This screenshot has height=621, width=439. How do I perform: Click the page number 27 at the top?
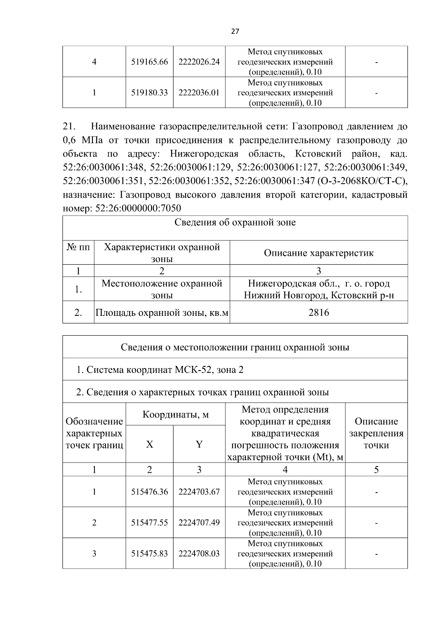click(235, 31)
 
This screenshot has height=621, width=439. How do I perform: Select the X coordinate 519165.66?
click(149, 62)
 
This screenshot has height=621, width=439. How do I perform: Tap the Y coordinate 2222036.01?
click(199, 93)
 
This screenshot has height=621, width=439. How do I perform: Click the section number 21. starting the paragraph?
click(69, 127)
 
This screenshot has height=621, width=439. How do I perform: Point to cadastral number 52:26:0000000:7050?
click(138, 208)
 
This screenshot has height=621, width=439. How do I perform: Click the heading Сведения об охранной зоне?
click(235, 222)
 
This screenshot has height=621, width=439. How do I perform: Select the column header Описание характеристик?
click(319, 253)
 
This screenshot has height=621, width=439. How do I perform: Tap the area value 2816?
click(319, 313)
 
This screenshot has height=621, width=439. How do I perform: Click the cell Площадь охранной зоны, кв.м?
click(162, 313)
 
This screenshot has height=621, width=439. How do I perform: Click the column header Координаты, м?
click(176, 415)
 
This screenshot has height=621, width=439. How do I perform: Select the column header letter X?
click(149, 444)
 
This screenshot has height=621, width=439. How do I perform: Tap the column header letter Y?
click(199, 444)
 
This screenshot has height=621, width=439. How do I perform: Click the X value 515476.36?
click(149, 492)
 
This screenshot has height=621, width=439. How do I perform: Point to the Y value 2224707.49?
click(199, 523)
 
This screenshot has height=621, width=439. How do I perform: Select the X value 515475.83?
click(149, 554)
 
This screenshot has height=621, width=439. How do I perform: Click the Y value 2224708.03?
click(199, 554)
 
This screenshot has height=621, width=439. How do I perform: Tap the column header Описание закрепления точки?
click(376, 433)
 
